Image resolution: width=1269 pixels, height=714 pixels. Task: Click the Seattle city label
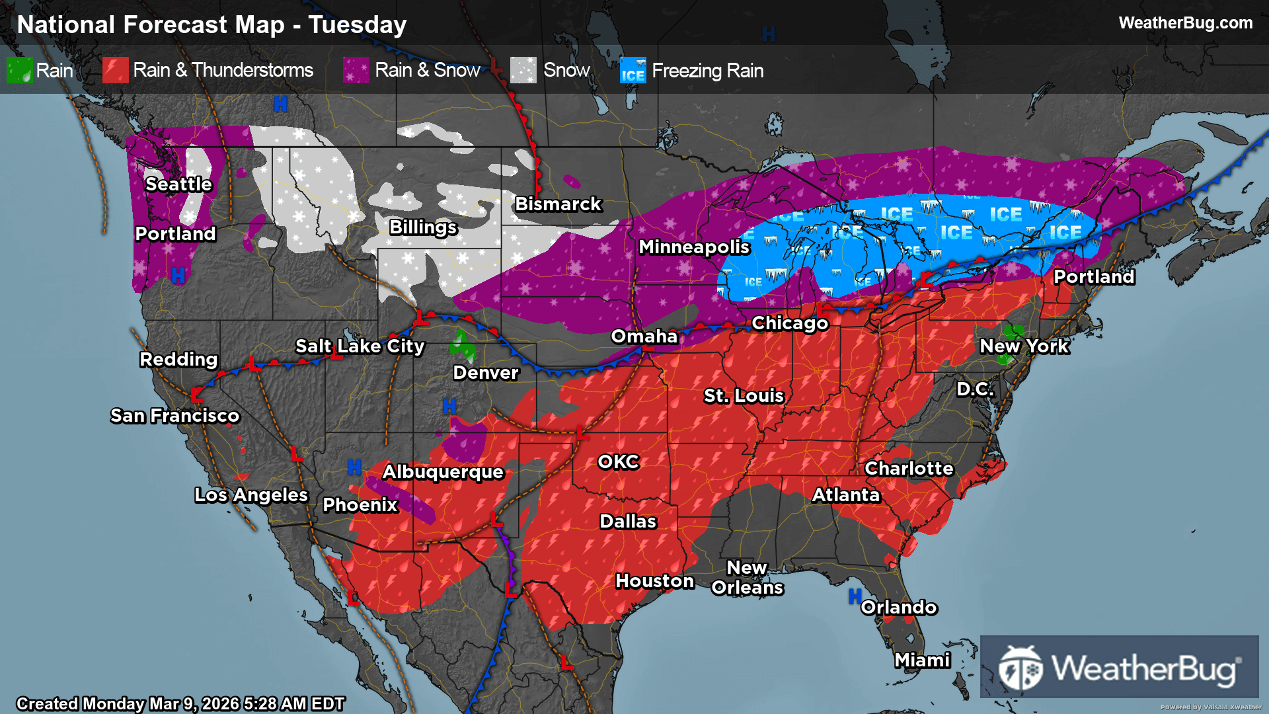[178, 184]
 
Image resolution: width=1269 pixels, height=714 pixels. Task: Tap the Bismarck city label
[558, 204]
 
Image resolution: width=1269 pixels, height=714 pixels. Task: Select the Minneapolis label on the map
[694, 247]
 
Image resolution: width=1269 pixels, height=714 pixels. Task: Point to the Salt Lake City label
[360, 346]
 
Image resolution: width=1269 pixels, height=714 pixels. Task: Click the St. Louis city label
[744, 396]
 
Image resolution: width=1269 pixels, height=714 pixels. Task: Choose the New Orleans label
[747, 578]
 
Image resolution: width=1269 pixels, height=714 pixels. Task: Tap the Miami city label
[922, 660]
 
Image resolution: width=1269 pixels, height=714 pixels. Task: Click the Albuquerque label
[443, 472]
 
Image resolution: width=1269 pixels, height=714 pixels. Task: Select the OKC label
[619, 462]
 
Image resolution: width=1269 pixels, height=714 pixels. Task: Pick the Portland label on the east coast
[1094, 277]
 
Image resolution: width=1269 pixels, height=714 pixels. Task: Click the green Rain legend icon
[19, 70]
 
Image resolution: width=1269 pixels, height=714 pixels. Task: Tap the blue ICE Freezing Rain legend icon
[633, 70]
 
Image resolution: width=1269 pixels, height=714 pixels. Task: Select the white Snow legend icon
[523, 70]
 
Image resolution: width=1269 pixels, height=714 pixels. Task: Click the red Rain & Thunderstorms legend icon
[115, 70]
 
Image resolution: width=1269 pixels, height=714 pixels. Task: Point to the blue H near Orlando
[855, 596]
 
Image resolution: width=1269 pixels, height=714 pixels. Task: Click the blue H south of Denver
[449, 407]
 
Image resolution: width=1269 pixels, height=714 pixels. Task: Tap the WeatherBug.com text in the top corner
[1185, 23]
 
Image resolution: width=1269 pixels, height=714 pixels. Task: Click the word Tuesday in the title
[358, 25]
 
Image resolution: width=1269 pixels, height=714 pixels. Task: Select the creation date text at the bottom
[180, 703]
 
